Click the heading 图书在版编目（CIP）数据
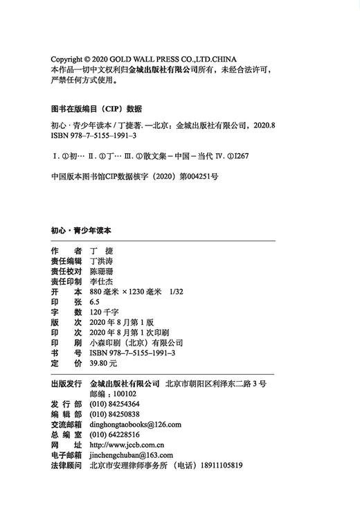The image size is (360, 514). click(x=96, y=109)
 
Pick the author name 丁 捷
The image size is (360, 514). click(x=101, y=250)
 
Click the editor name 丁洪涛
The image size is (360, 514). click(x=104, y=260)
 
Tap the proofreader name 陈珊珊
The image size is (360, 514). click(x=104, y=271)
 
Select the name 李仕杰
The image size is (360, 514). click(x=104, y=281)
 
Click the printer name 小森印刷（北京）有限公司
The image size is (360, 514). click(x=136, y=342)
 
